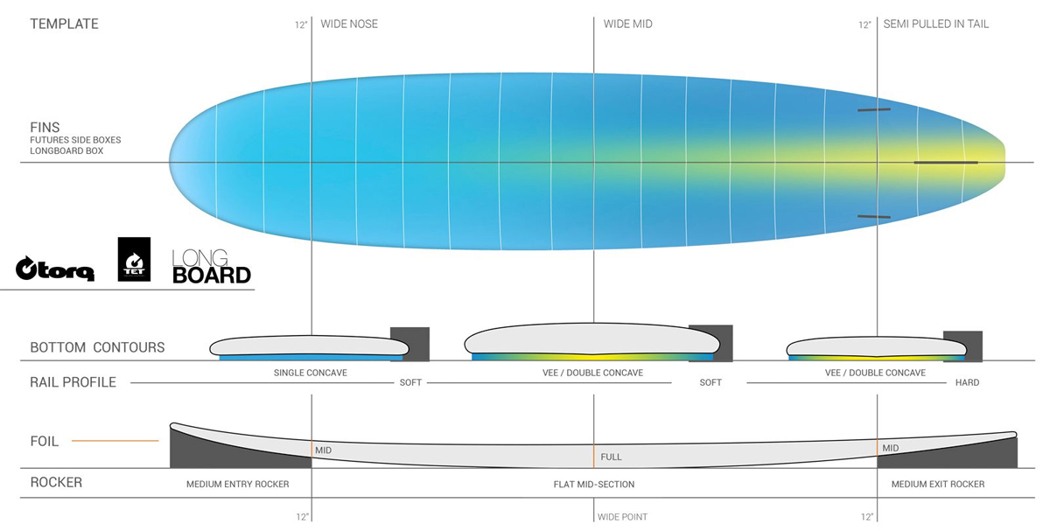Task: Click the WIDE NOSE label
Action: (349, 24)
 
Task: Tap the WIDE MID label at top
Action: (627, 24)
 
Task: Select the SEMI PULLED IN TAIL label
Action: (936, 24)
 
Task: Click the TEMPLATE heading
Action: (64, 24)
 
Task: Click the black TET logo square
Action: (134, 259)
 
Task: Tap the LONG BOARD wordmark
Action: (212, 266)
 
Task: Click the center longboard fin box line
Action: (946, 163)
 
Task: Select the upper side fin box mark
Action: (874, 109)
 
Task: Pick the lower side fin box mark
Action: (874, 217)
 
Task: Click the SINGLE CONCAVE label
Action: (311, 373)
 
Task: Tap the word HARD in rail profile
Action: (967, 382)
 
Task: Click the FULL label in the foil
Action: (612, 457)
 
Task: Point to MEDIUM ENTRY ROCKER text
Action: (238, 484)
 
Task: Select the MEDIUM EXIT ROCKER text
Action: (938, 484)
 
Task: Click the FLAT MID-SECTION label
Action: (594, 484)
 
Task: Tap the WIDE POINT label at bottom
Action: (622, 517)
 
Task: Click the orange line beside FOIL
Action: (115, 441)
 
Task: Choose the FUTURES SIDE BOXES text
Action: (75, 140)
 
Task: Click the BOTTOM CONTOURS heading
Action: (97, 347)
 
